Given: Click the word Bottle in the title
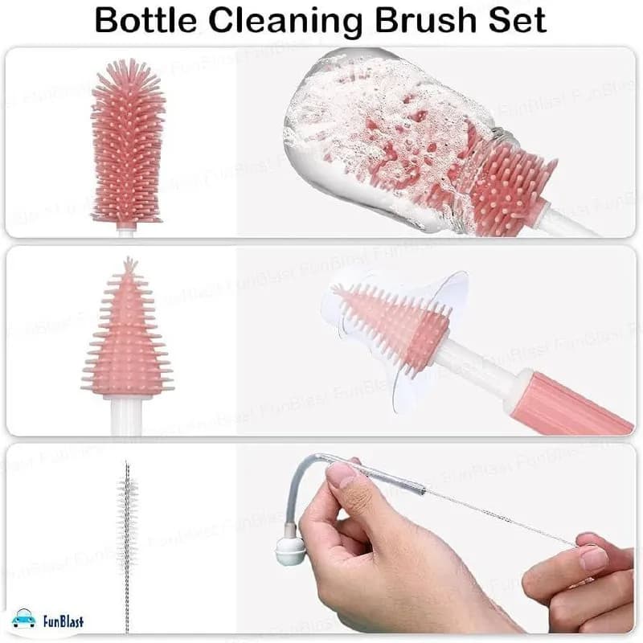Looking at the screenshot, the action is tap(146, 21).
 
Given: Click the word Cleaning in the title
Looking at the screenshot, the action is tap(285, 23).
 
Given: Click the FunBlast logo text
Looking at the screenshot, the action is tap(63, 620).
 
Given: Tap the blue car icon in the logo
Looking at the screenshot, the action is tap(24, 618).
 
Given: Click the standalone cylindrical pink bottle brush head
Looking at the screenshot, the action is tap(128, 141).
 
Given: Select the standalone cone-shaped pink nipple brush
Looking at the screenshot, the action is tap(128, 328).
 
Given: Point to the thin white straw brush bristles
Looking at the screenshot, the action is tap(127, 518).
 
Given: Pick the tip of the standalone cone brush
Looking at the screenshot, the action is tap(129, 259).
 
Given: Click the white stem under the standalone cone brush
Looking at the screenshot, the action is tap(126, 416).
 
